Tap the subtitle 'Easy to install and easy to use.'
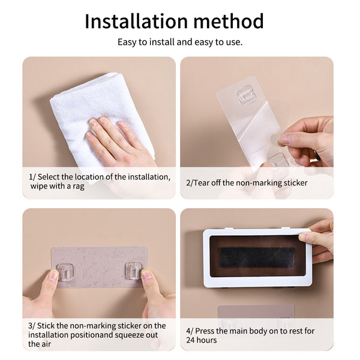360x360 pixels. click(180, 43)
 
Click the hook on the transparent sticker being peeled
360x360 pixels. click(245, 96)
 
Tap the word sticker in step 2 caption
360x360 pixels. click(294, 182)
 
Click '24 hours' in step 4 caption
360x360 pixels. click(204, 340)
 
